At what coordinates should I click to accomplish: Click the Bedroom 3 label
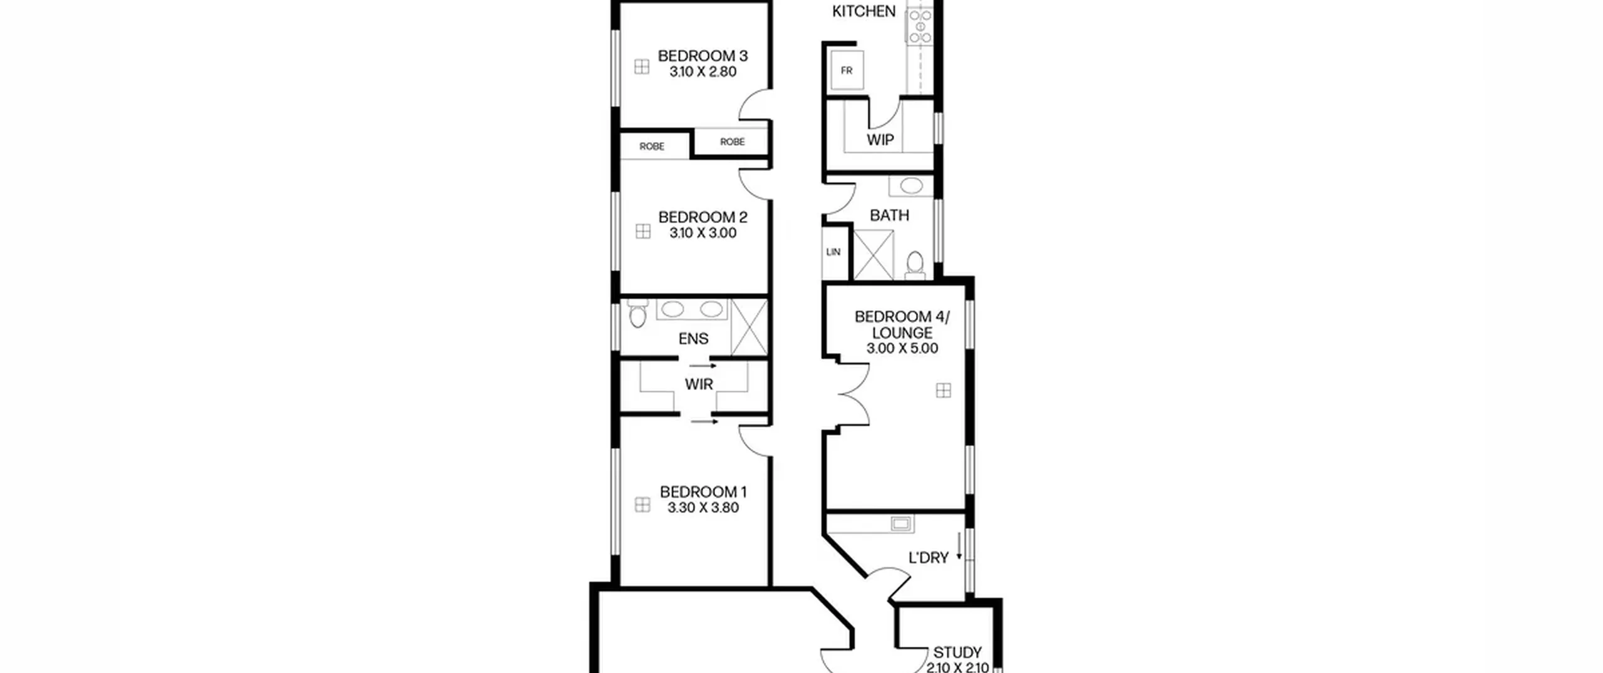703,56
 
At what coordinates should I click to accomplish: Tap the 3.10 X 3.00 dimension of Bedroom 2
703,233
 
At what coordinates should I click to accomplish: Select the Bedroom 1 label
703,492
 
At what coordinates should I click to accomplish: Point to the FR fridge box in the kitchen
847,71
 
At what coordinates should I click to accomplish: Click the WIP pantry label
880,140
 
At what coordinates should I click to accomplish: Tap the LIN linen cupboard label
833,252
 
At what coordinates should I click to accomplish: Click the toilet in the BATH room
915,265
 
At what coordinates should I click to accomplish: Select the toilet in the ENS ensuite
637,314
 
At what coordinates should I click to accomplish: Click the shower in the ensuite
749,327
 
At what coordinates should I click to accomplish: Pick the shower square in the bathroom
874,255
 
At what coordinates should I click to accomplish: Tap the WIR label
699,384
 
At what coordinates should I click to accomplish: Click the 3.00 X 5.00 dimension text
902,349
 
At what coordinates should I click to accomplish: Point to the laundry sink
900,524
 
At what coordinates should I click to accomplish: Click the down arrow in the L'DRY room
959,546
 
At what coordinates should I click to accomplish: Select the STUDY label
957,652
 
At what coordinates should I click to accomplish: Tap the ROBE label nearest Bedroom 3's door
732,142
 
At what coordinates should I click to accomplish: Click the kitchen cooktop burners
920,25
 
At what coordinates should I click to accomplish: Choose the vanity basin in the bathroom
910,186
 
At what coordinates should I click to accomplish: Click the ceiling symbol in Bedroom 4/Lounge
943,391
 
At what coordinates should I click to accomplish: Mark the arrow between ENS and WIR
703,366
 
